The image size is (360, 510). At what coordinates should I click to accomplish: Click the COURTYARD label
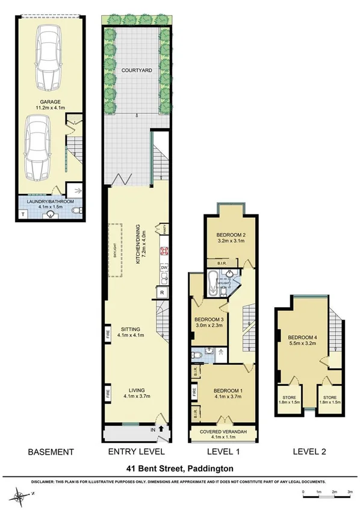point(136,70)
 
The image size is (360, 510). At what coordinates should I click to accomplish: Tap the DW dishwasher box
point(163,268)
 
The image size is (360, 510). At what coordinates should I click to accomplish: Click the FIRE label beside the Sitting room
point(108,335)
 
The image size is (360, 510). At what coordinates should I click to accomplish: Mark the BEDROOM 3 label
point(209,323)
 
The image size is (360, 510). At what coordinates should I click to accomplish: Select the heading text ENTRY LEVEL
point(135,452)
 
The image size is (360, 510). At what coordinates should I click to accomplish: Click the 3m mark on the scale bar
point(349,493)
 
